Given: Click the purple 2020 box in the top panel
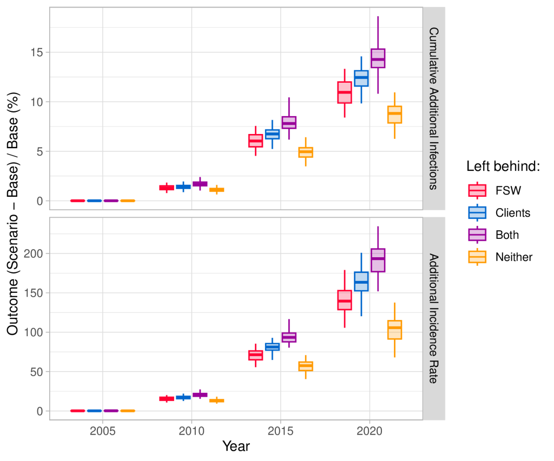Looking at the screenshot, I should [378, 58].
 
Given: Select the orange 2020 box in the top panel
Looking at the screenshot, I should [394, 115].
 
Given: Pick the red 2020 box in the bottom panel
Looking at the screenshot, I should [345, 300].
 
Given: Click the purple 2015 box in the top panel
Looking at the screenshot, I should [289, 123].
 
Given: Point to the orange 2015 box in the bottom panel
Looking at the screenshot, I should [306, 366].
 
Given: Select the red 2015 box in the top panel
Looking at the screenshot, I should [255, 141].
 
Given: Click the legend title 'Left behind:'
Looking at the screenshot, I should [503, 167].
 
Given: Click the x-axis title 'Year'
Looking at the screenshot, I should [236, 446].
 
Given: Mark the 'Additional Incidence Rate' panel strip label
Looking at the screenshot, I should [433, 318].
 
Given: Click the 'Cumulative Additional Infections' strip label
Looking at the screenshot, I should [433, 108].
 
